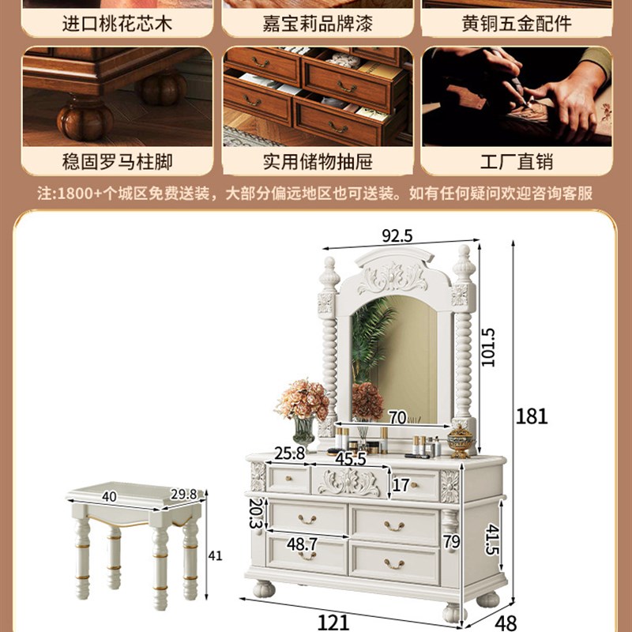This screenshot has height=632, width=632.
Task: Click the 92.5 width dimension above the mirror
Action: click(x=398, y=235)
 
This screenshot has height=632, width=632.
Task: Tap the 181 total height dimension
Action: click(x=532, y=416)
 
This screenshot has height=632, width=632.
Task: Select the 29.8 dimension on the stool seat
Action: click(x=186, y=495)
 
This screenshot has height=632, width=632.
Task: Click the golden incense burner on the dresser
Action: click(x=460, y=441)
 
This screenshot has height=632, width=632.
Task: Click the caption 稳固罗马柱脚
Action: click(x=117, y=162)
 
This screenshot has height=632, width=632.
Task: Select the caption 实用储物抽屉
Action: click(x=318, y=162)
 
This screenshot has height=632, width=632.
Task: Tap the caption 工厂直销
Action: click(x=517, y=162)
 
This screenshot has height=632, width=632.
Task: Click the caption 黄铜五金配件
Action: click(x=517, y=23)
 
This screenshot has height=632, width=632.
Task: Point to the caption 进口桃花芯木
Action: click(x=117, y=23)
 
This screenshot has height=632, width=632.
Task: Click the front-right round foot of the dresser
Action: click(x=455, y=612)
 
